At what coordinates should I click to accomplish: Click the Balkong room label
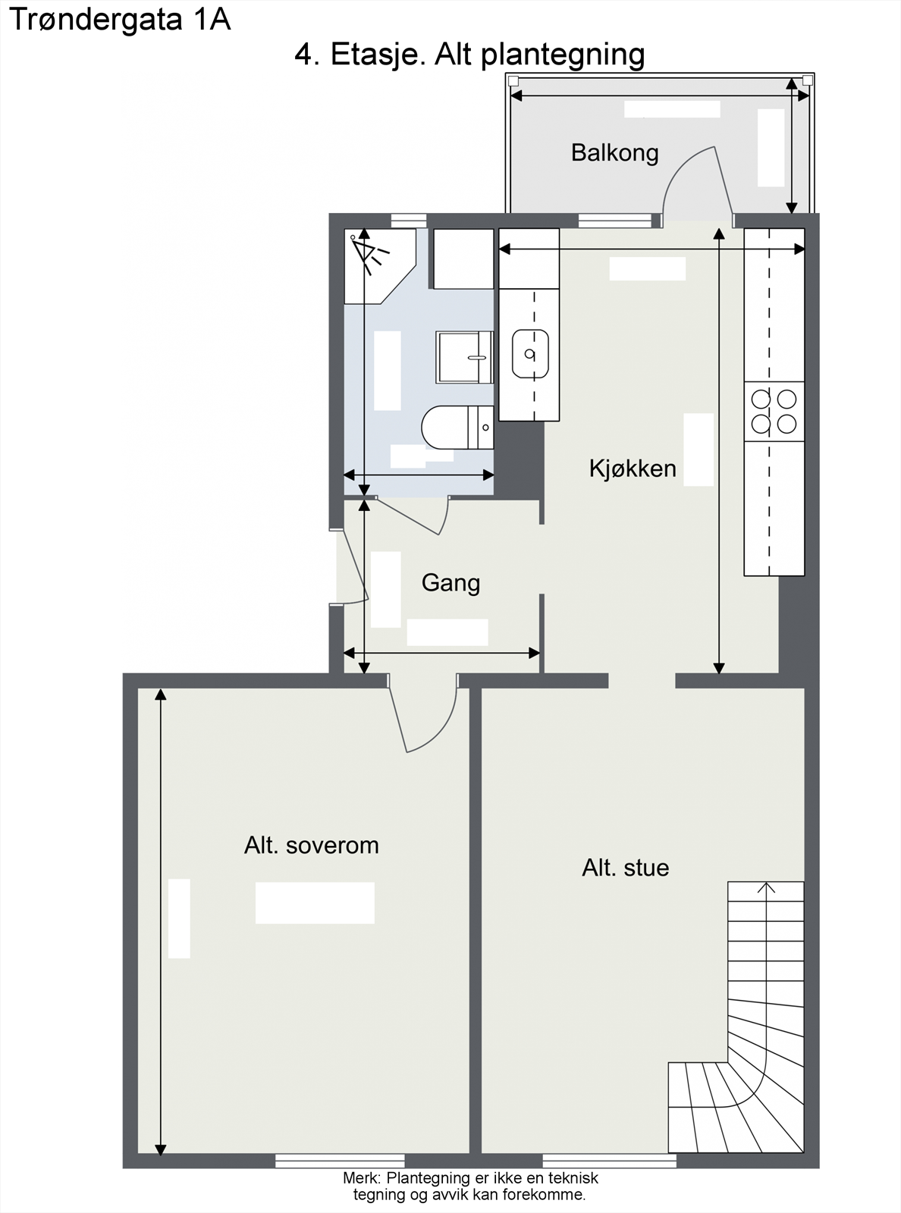click(614, 153)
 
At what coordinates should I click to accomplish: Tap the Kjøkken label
click(633, 469)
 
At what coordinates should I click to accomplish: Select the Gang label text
click(450, 583)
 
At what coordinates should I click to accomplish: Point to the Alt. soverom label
click(311, 845)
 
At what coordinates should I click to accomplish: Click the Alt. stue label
click(625, 867)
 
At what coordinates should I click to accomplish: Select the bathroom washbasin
click(464, 357)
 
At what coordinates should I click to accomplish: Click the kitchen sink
click(530, 353)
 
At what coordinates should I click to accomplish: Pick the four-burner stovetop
click(774, 411)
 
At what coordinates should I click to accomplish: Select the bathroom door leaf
click(410, 516)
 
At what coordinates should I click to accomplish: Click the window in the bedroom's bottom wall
click(339, 1161)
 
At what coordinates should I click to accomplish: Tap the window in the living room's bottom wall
click(609, 1161)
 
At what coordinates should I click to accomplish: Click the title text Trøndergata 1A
click(120, 20)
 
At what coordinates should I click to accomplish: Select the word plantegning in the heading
click(563, 55)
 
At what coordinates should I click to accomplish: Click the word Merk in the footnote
click(361, 1178)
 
